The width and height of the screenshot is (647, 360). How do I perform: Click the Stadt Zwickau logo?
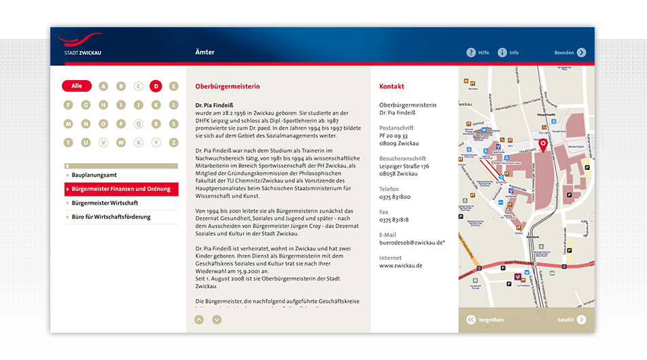point(80,45)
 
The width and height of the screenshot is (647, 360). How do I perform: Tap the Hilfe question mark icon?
point(471,52)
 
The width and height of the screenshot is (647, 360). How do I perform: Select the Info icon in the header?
point(502,52)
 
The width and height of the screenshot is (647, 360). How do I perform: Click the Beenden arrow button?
point(581,52)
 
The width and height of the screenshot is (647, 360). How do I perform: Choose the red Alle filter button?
point(77,86)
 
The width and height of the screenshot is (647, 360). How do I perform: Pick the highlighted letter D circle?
point(156,86)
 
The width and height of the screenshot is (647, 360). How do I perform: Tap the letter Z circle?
point(174,143)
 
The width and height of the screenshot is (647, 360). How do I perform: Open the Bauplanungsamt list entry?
point(94,175)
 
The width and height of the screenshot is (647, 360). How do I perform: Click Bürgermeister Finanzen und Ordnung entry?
point(121,189)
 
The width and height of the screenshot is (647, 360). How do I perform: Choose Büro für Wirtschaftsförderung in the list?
point(111,217)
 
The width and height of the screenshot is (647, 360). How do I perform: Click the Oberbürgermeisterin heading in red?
point(227,87)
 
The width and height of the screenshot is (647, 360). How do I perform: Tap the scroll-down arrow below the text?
point(217,319)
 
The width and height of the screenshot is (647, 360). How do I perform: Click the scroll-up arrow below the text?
point(199,319)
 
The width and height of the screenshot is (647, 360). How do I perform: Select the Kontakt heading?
point(391,87)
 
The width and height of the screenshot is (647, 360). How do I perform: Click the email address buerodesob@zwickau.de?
point(411,242)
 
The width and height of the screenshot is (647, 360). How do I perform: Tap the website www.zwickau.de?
point(400,266)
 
